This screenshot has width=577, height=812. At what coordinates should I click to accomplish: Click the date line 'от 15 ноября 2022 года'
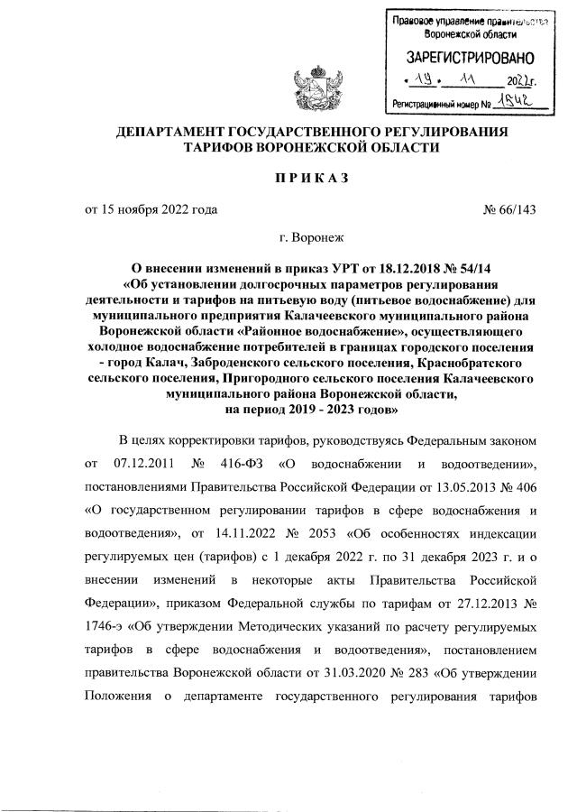151,211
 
